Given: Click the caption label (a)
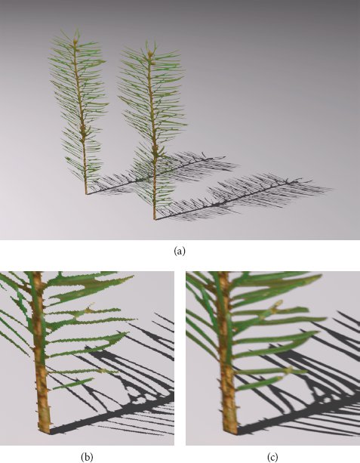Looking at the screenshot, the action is click(x=180, y=251).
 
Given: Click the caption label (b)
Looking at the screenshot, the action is click(x=87, y=457).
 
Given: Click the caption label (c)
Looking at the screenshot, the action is click(x=272, y=457).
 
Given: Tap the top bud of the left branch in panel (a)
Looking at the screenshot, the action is click(x=75, y=42).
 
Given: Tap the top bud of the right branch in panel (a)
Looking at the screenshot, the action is click(x=150, y=54).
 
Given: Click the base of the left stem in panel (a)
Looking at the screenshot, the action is click(x=87, y=193).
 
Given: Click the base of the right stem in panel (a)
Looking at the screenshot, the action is click(x=155, y=219).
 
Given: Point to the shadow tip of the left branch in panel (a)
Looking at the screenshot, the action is click(x=225, y=157).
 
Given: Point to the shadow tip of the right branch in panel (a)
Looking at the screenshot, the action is click(x=310, y=180).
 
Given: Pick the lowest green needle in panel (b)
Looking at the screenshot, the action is click(x=72, y=384).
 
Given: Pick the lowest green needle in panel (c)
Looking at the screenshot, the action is click(x=259, y=383).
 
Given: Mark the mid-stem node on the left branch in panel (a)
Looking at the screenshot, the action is click(x=83, y=130).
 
